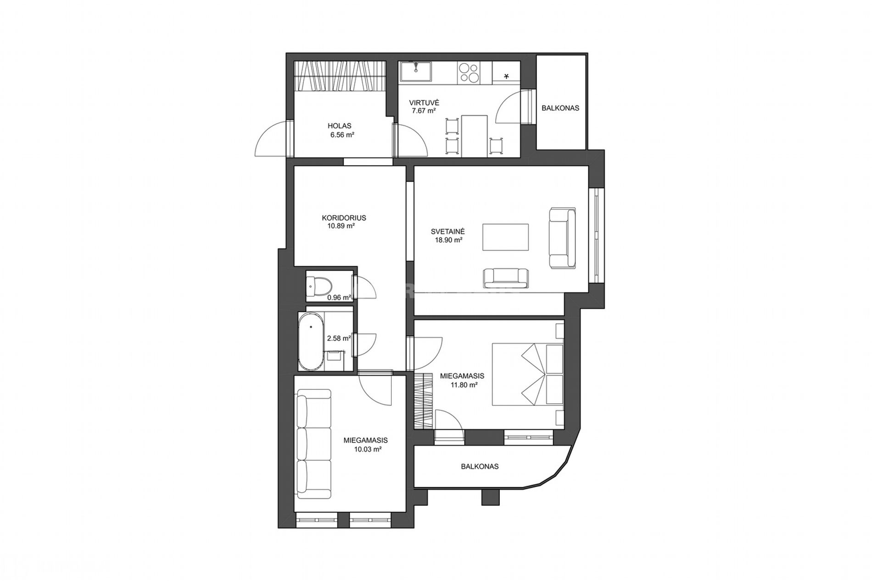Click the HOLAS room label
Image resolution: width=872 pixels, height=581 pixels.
pos(340,126)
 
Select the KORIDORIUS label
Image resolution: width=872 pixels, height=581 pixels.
pos(344,218)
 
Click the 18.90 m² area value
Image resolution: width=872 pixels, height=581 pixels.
pos(448,240)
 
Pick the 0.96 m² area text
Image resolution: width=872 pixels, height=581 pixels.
pos(339,297)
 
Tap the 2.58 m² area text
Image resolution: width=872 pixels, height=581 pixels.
pos(339,338)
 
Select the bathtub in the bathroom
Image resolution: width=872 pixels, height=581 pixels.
pos(311,341)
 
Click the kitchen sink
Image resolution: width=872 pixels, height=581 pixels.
pos(415,72)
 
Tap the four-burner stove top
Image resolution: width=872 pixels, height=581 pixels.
pos(468,72)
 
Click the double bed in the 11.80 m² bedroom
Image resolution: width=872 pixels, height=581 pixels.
pos(528,374)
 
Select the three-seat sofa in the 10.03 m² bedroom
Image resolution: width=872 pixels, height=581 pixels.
pos(313,444)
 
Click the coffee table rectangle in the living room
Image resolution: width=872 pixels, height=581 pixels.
pos(505,237)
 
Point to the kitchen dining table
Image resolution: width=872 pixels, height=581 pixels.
pos(475,136)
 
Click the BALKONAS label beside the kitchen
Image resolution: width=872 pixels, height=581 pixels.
pos(560,108)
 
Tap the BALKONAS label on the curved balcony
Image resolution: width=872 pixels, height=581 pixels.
pos(480,466)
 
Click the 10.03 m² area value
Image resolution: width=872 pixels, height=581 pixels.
pos(368,449)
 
